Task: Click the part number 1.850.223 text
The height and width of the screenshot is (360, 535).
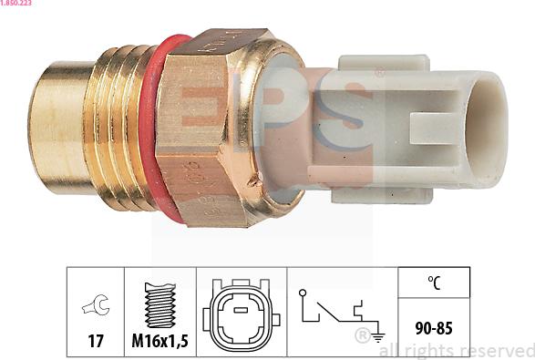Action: pos(15,3)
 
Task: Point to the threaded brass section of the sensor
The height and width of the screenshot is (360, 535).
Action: pos(119,128)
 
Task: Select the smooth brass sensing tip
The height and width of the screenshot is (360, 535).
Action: pos(60,128)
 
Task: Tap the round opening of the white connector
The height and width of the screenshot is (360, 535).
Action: pos(486,129)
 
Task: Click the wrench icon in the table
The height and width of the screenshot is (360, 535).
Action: pos(96,304)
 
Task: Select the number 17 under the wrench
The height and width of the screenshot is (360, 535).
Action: pos(96,341)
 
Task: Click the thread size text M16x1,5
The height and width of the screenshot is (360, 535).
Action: pos(159,341)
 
